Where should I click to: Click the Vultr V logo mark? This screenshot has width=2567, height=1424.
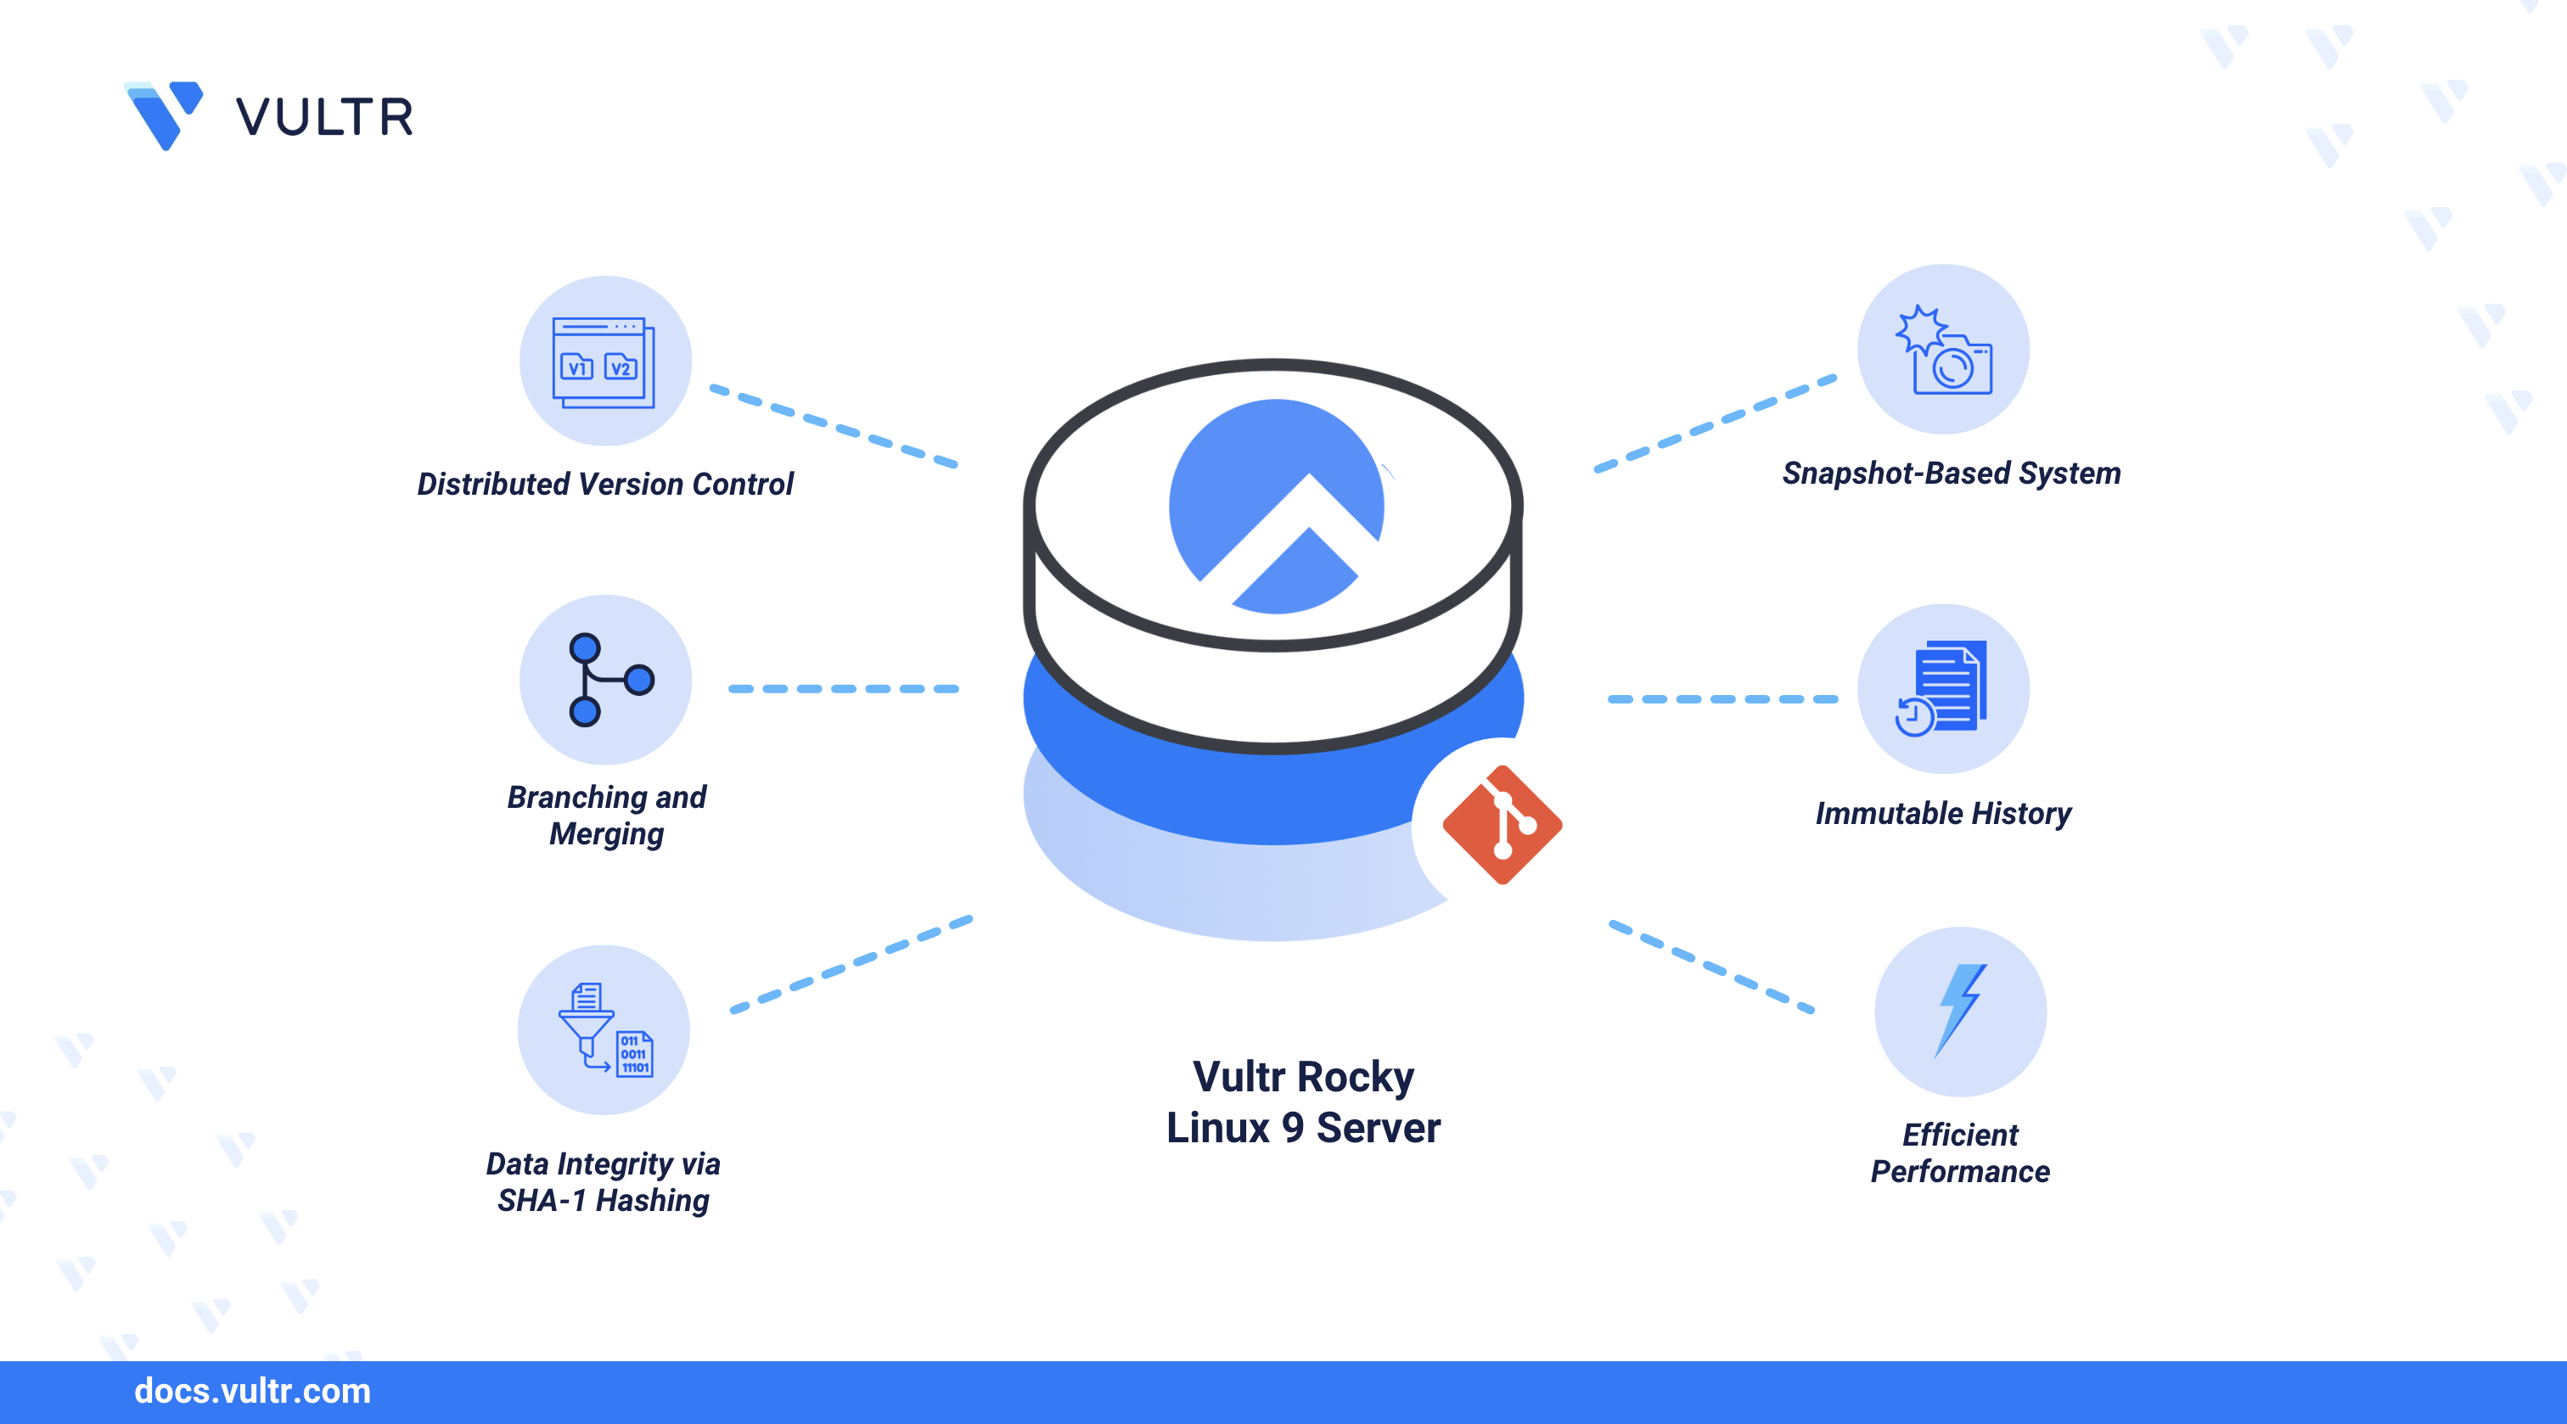point(165,115)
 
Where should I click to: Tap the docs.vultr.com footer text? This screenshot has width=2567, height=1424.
point(252,1391)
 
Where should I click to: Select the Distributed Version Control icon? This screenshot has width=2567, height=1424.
point(604,362)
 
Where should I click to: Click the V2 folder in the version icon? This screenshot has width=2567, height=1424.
point(621,367)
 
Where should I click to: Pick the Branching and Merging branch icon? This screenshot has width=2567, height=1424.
point(607,680)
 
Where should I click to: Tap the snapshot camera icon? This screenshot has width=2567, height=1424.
point(1944,350)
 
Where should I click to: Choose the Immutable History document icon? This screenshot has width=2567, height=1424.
point(1944,688)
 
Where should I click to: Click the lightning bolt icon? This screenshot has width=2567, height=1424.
point(1959,1011)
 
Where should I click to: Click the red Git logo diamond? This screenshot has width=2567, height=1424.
point(1502,825)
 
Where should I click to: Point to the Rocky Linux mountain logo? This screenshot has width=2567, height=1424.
point(1277,507)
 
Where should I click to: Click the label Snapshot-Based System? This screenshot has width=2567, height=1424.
point(1952,474)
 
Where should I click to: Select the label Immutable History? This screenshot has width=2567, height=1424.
point(1942,813)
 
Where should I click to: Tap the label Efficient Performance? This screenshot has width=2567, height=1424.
point(1959,1153)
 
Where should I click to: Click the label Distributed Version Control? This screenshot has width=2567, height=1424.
point(605,485)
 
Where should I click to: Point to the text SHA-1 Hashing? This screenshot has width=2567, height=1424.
point(603,1201)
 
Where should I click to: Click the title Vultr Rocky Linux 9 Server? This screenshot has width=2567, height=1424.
point(1303,1102)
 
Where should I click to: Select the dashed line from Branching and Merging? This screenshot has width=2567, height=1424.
point(843,688)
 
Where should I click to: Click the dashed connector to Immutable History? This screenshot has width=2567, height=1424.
point(1722,699)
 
